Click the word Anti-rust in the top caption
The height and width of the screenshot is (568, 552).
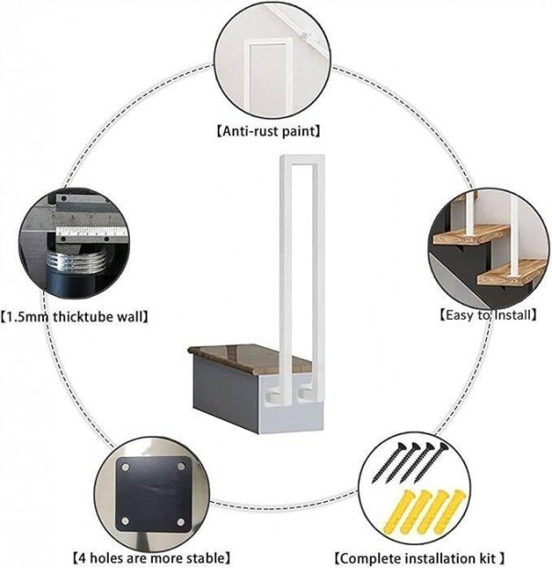[x=250, y=131]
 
